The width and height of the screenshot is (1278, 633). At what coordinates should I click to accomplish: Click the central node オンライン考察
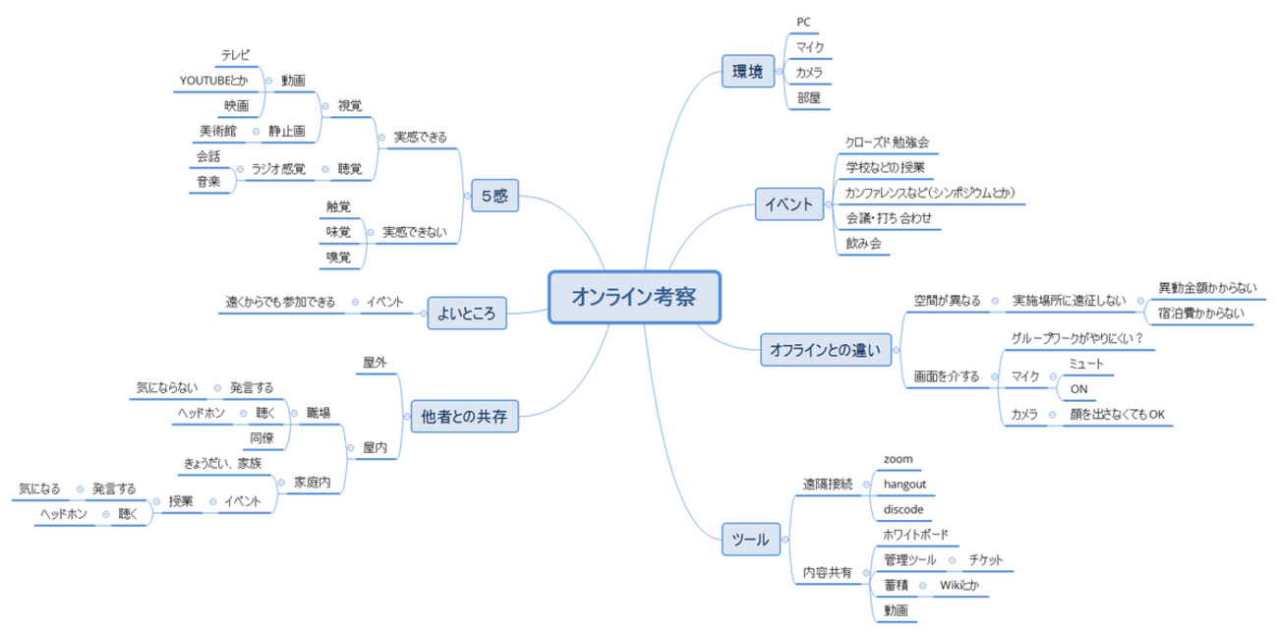click(x=634, y=296)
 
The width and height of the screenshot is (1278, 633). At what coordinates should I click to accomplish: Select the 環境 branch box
click(x=747, y=71)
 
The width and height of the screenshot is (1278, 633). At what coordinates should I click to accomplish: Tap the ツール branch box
click(x=752, y=539)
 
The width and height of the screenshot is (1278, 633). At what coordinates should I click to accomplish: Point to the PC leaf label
click(x=802, y=22)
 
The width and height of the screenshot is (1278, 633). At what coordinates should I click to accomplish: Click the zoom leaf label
click(x=899, y=458)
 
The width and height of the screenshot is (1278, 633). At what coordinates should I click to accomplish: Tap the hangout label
click(x=904, y=484)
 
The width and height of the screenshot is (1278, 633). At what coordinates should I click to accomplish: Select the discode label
click(x=903, y=509)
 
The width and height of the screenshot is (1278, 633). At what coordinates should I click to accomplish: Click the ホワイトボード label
click(x=916, y=535)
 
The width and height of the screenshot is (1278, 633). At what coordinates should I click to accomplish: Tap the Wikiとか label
click(x=959, y=586)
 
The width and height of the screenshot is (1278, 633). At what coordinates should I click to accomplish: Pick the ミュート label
click(x=1086, y=365)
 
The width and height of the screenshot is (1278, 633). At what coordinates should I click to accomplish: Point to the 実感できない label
click(x=414, y=232)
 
